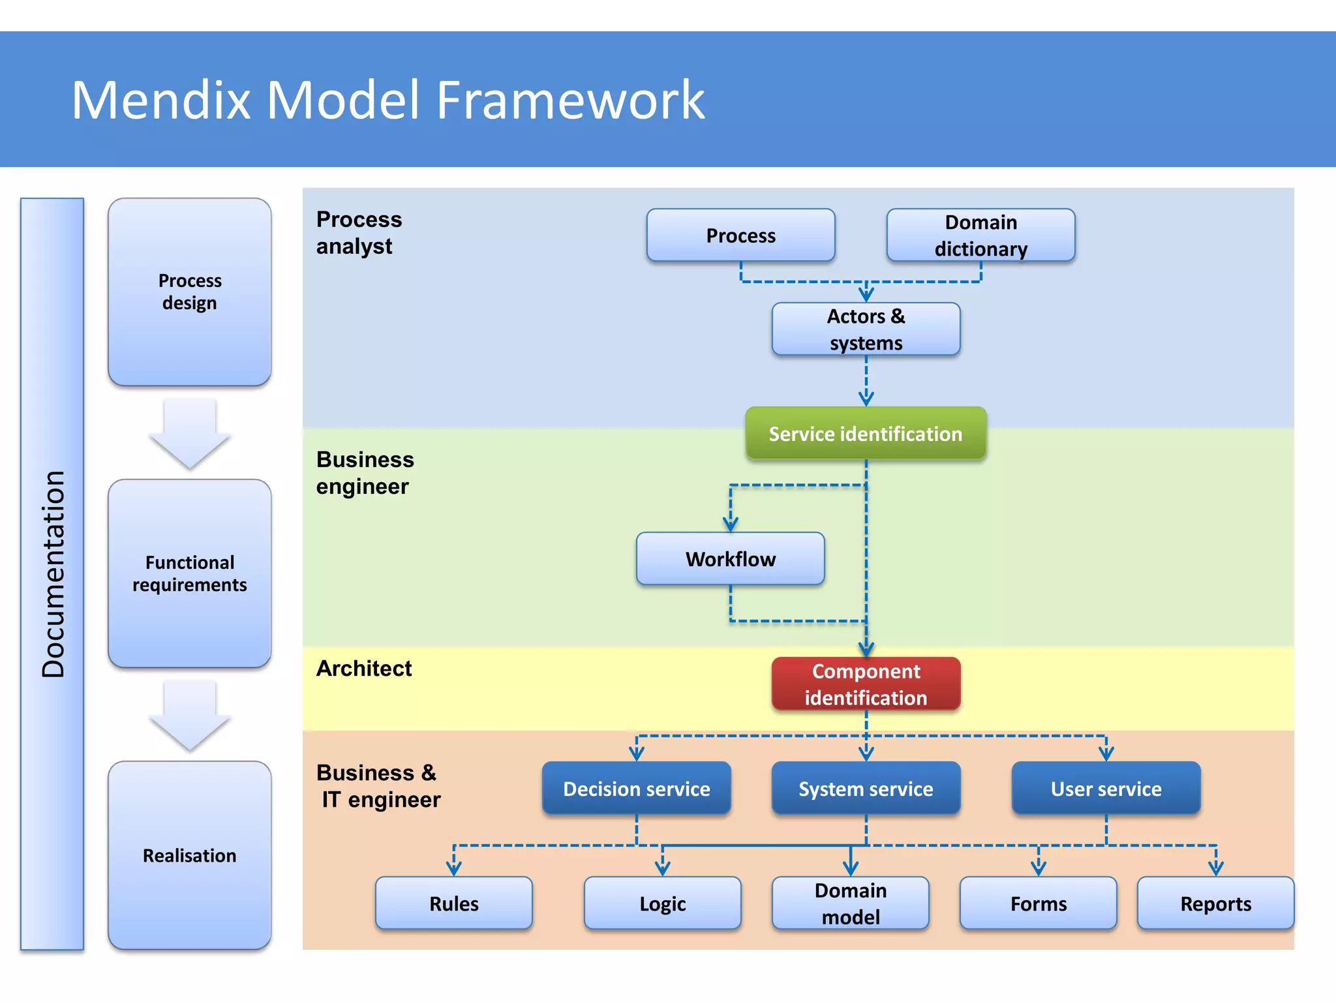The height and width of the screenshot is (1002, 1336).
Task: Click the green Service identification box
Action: pyautogui.click(x=866, y=434)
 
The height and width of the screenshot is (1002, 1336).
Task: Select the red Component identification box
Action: pyautogui.click(x=866, y=684)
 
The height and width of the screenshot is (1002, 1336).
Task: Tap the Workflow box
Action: pyautogui.click(x=730, y=559)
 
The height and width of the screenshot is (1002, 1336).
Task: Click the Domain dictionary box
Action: pyautogui.click(x=980, y=235)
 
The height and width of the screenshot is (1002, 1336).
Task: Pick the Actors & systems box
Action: pyautogui.click(x=866, y=329)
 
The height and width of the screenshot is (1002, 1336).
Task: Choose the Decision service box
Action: pyautogui.click(x=636, y=789)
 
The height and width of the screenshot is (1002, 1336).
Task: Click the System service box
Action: pyautogui.click(x=866, y=789)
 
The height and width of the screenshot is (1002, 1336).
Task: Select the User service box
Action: pyautogui.click(x=1106, y=789)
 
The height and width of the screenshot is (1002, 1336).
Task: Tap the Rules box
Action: pyautogui.click(x=453, y=903)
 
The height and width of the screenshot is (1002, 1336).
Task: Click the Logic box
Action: pyautogui.click(x=662, y=903)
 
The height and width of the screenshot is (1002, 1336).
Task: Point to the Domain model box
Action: pyautogui.click(x=850, y=903)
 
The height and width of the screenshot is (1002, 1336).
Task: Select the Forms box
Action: pyautogui.click(x=1038, y=903)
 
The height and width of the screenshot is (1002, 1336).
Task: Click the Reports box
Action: pyautogui.click(x=1215, y=903)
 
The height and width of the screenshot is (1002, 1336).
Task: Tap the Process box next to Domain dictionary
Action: pyautogui.click(x=740, y=235)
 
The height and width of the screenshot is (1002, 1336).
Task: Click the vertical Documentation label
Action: pyautogui.click(x=53, y=574)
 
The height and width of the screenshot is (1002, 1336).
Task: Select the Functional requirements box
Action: pyautogui.click(x=189, y=573)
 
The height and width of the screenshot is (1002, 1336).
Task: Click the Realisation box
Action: pyautogui.click(x=189, y=855)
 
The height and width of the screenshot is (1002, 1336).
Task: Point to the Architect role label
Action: pyautogui.click(x=364, y=669)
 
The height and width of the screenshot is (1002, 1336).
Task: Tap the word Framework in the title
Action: pyautogui.click(x=570, y=100)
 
